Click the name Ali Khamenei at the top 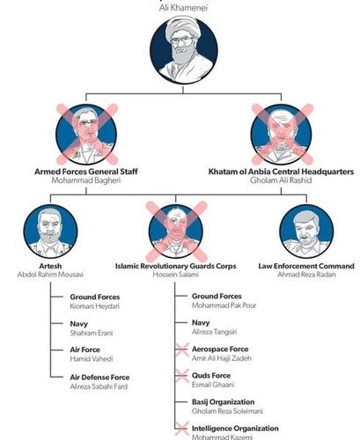point(183,8)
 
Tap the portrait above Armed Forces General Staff point(86,134)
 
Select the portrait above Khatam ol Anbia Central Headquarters point(282,134)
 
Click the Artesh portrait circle point(50,231)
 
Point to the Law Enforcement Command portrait point(306,231)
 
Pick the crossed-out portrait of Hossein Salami point(176,231)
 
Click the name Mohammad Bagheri point(86,180)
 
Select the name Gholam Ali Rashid point(281,180)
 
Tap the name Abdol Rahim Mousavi point(50,275)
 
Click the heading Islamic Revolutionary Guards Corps point(176,266)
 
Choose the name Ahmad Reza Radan point(306,275)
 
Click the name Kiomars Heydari point(95,306)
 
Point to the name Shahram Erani point(92,333)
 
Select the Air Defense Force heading point(99,378)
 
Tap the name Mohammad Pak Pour point(224,305)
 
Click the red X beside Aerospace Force point(181,349)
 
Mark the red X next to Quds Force point(181,376)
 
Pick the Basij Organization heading point(224,402)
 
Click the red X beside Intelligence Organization point(181,429)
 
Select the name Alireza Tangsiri point(214,332)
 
